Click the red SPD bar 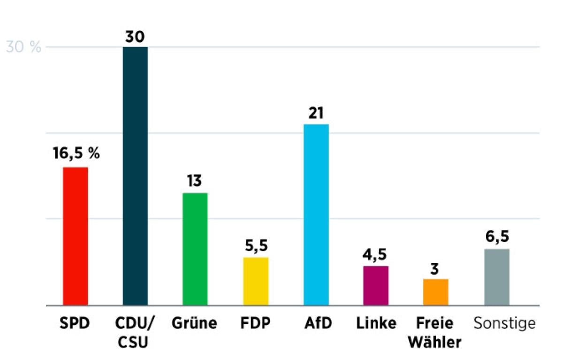[x=76, y=236]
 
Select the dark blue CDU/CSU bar [x=135, y=176]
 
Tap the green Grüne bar [x=195, y=249]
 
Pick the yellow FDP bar [x=256, y=281]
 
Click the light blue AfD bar [x=316, y=214]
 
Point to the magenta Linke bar [x=376, y=285]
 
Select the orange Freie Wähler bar [x=436, y=292]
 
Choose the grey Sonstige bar [x=496, y=277]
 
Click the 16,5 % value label [x=76, y=153]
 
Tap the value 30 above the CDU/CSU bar [x=136, y=37]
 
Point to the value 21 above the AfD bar [x=316, y=114]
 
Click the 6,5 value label [x=497, y=236]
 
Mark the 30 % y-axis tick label [x=23, y=47]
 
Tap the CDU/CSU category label [x=135, y=333]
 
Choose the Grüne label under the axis [x=195, y=323]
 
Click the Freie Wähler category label [x=434, y=333]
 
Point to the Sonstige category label [x=504, y=323]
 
